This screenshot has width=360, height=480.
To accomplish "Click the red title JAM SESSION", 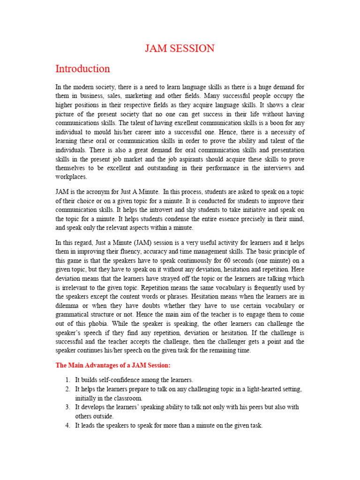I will (180, 48).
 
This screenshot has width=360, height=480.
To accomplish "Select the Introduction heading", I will (82, 68).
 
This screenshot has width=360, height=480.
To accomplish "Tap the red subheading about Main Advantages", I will (113, 365).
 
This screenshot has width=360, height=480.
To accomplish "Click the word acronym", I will (97, 192).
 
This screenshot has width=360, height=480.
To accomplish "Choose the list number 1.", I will (67, 380).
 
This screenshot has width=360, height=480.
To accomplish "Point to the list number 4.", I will (67, 425).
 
